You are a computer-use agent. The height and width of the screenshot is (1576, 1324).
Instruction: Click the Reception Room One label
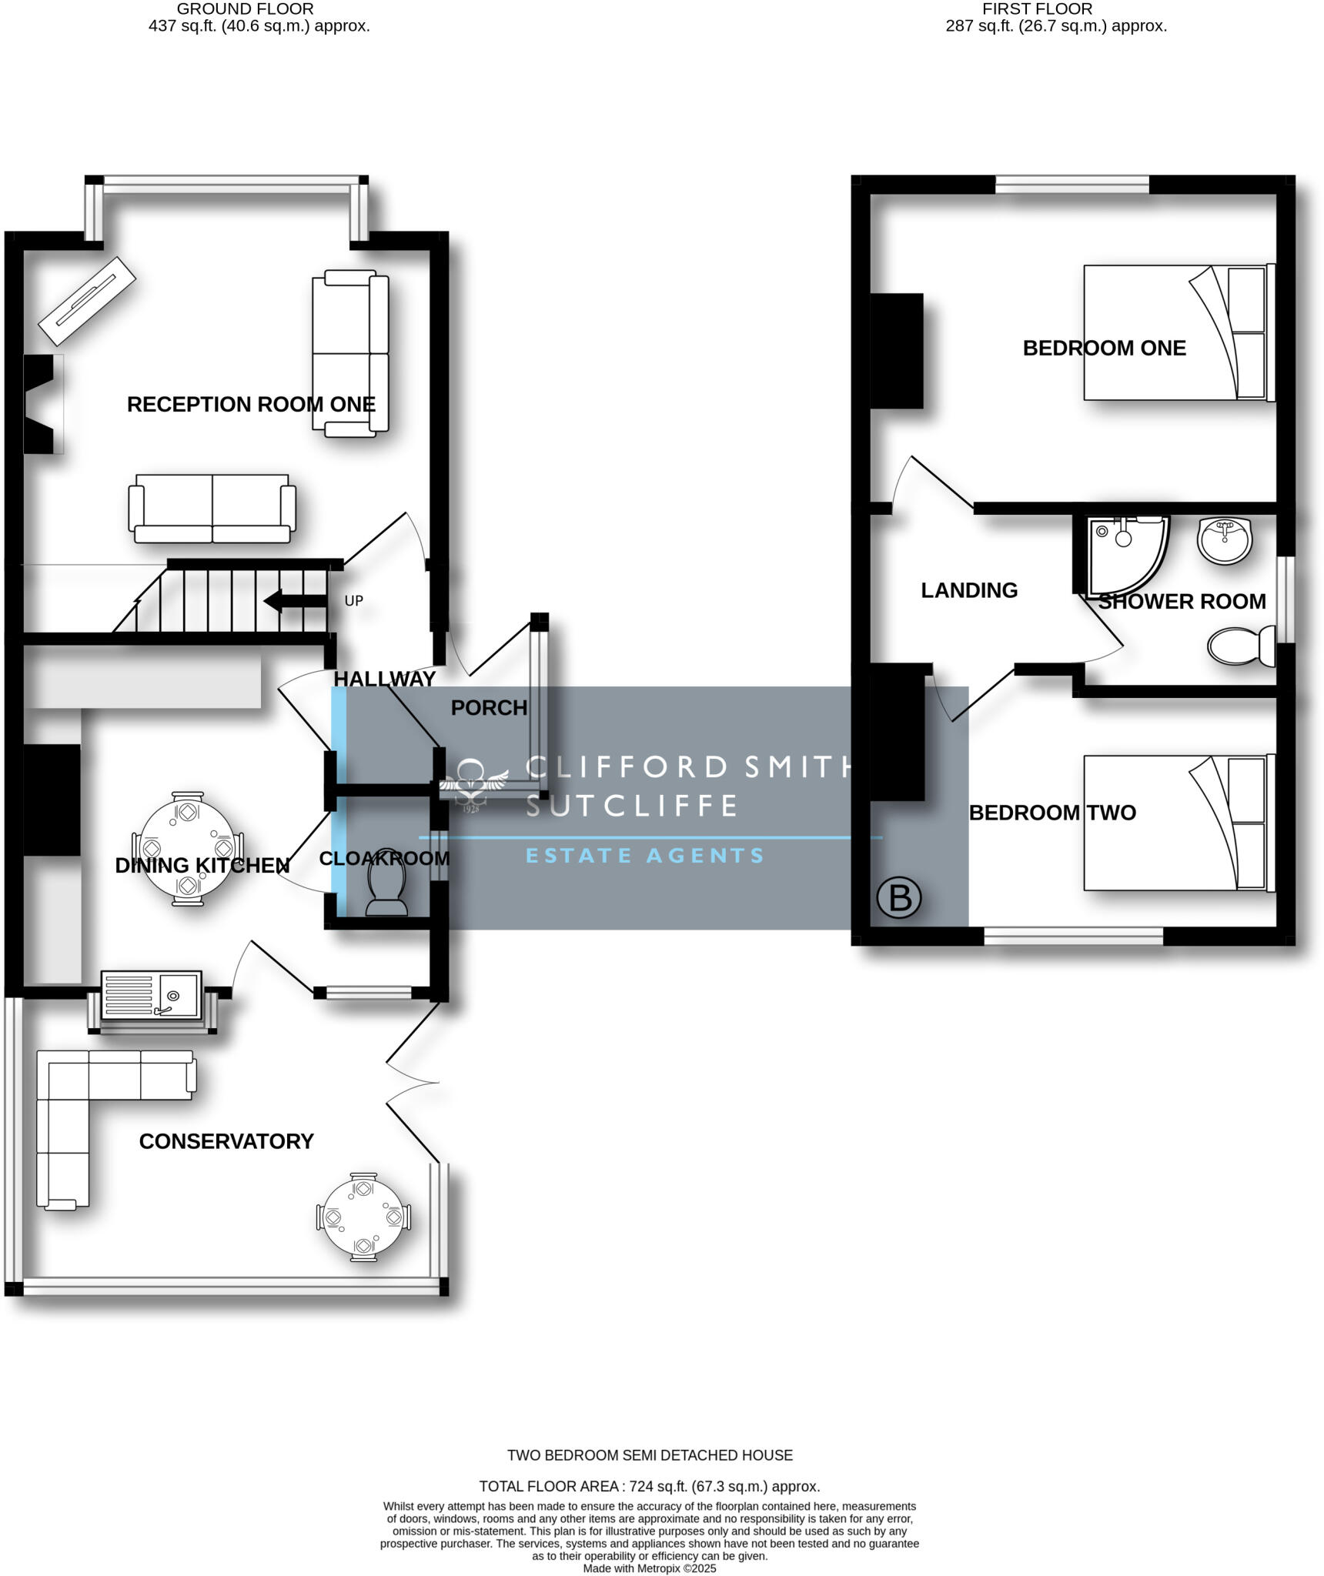click(251, 404)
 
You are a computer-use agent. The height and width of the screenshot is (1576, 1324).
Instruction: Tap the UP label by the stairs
click(353, 600)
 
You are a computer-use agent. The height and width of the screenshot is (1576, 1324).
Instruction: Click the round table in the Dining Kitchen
click(187, 848)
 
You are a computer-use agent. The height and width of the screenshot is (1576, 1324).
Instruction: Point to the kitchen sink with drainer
click(151, 994)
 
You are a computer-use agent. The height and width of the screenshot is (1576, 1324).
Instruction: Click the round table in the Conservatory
click(363, 1217)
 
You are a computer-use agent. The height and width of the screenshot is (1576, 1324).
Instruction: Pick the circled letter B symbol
click(898, 897)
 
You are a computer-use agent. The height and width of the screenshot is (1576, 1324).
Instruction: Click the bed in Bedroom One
click(1179, 332)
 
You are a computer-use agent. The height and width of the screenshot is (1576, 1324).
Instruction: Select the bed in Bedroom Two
click(1179, 823)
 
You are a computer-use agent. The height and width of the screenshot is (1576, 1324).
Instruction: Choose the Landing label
click(969, 590)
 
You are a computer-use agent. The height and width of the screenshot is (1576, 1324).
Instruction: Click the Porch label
click(489, 707)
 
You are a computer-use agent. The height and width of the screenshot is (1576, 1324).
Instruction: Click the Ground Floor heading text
click(245, 9)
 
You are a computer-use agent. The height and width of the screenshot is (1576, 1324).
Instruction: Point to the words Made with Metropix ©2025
click(649, 1568)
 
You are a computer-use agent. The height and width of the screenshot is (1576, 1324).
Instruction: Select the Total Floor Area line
click(649, 1486)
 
